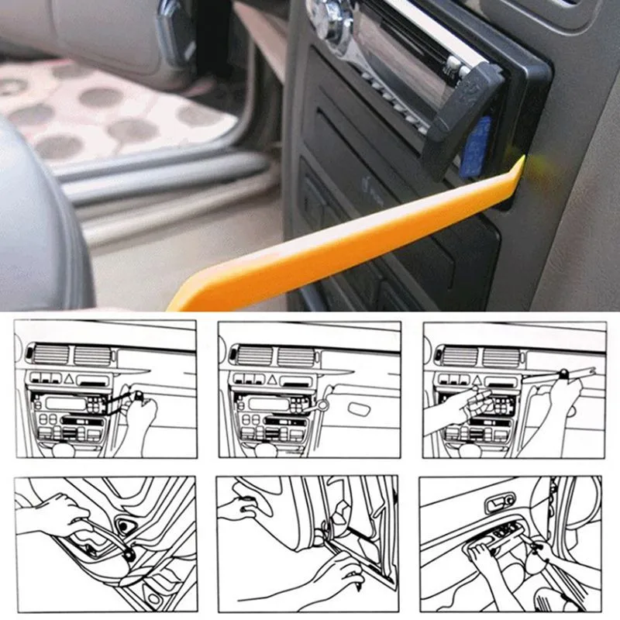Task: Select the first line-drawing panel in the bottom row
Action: point(105,542)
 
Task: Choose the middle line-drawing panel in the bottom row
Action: point(308,542)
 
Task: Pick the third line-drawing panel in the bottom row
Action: point(514,542)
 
